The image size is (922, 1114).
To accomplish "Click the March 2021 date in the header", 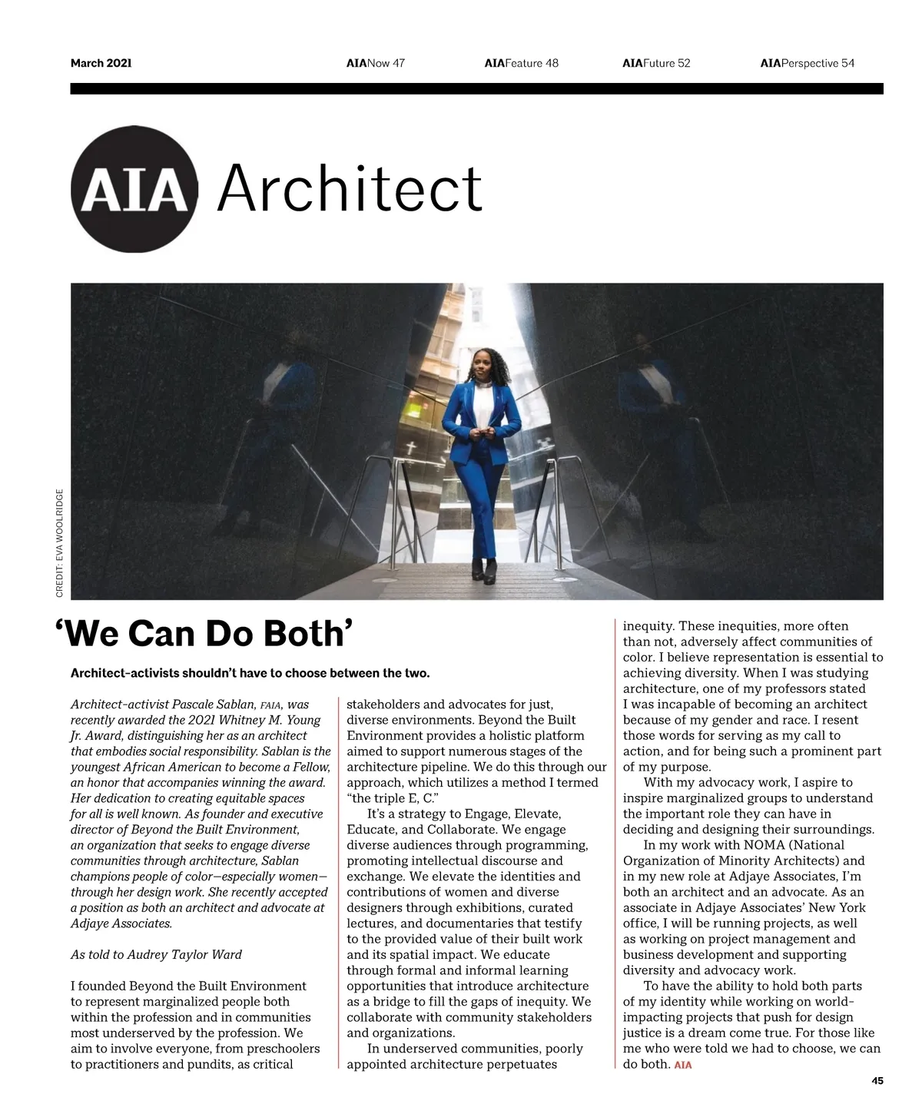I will tap(101, 63).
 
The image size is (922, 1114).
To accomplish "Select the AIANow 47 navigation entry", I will tap(375, 63).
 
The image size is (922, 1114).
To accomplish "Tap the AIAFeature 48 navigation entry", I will tap(521, 63).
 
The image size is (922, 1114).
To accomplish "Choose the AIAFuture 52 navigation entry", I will tap(656, 63).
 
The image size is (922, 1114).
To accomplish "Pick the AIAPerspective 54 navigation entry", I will tap(807, 63).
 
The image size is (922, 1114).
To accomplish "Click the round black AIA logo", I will tap(134, 189).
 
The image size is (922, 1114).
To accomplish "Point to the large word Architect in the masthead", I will tap(350, 188).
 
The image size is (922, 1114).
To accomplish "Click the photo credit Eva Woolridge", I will tap(60, 543).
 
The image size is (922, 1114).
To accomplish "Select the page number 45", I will tap(877, 1081).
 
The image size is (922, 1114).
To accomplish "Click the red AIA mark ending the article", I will tap(682, 1065).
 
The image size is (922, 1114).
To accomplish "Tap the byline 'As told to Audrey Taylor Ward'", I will tap(156, 955).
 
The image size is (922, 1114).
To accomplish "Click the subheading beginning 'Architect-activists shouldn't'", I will tap(250, 673).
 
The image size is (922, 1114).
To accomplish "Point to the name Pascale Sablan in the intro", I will tap(214, 705).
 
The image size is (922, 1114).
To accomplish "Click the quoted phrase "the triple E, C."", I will tap(393, 798).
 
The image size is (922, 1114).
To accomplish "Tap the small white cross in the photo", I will tap(411, 447).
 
